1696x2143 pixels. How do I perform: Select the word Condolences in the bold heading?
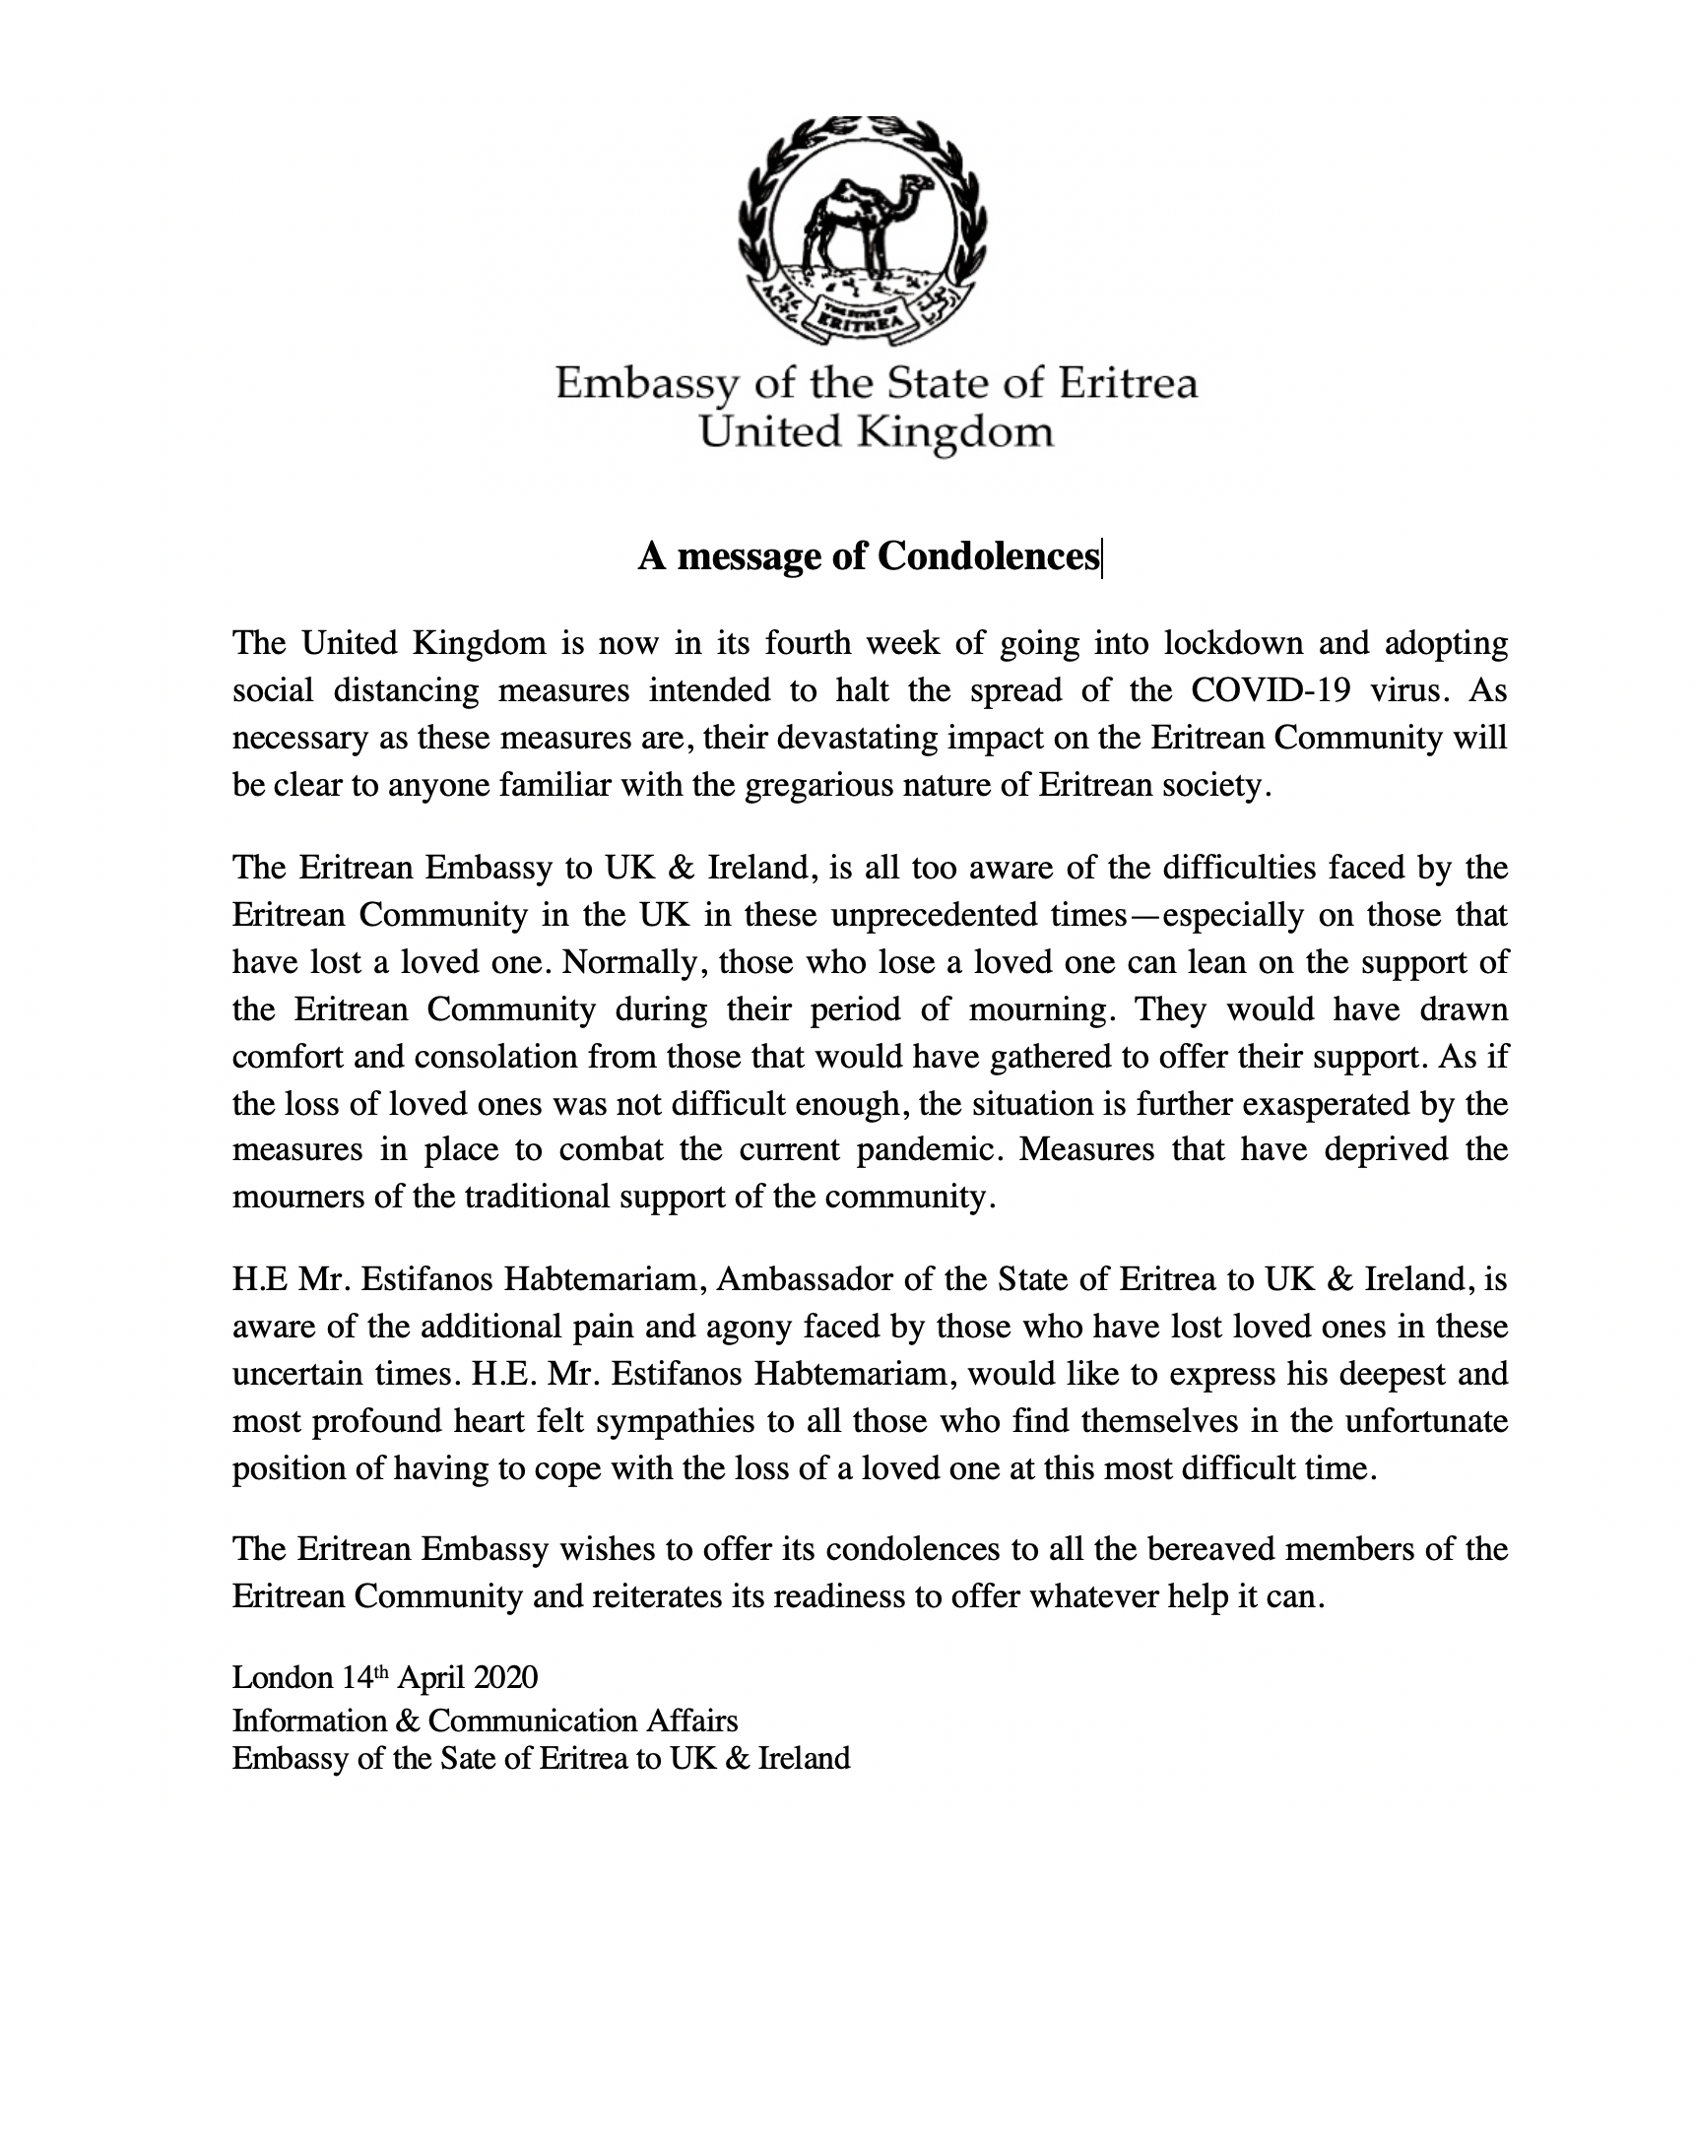pos(988,556)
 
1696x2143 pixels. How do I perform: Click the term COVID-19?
pos(1270,690)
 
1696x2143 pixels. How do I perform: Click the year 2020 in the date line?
pos(505,1677)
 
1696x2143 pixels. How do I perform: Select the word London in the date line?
pos(282,1677)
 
